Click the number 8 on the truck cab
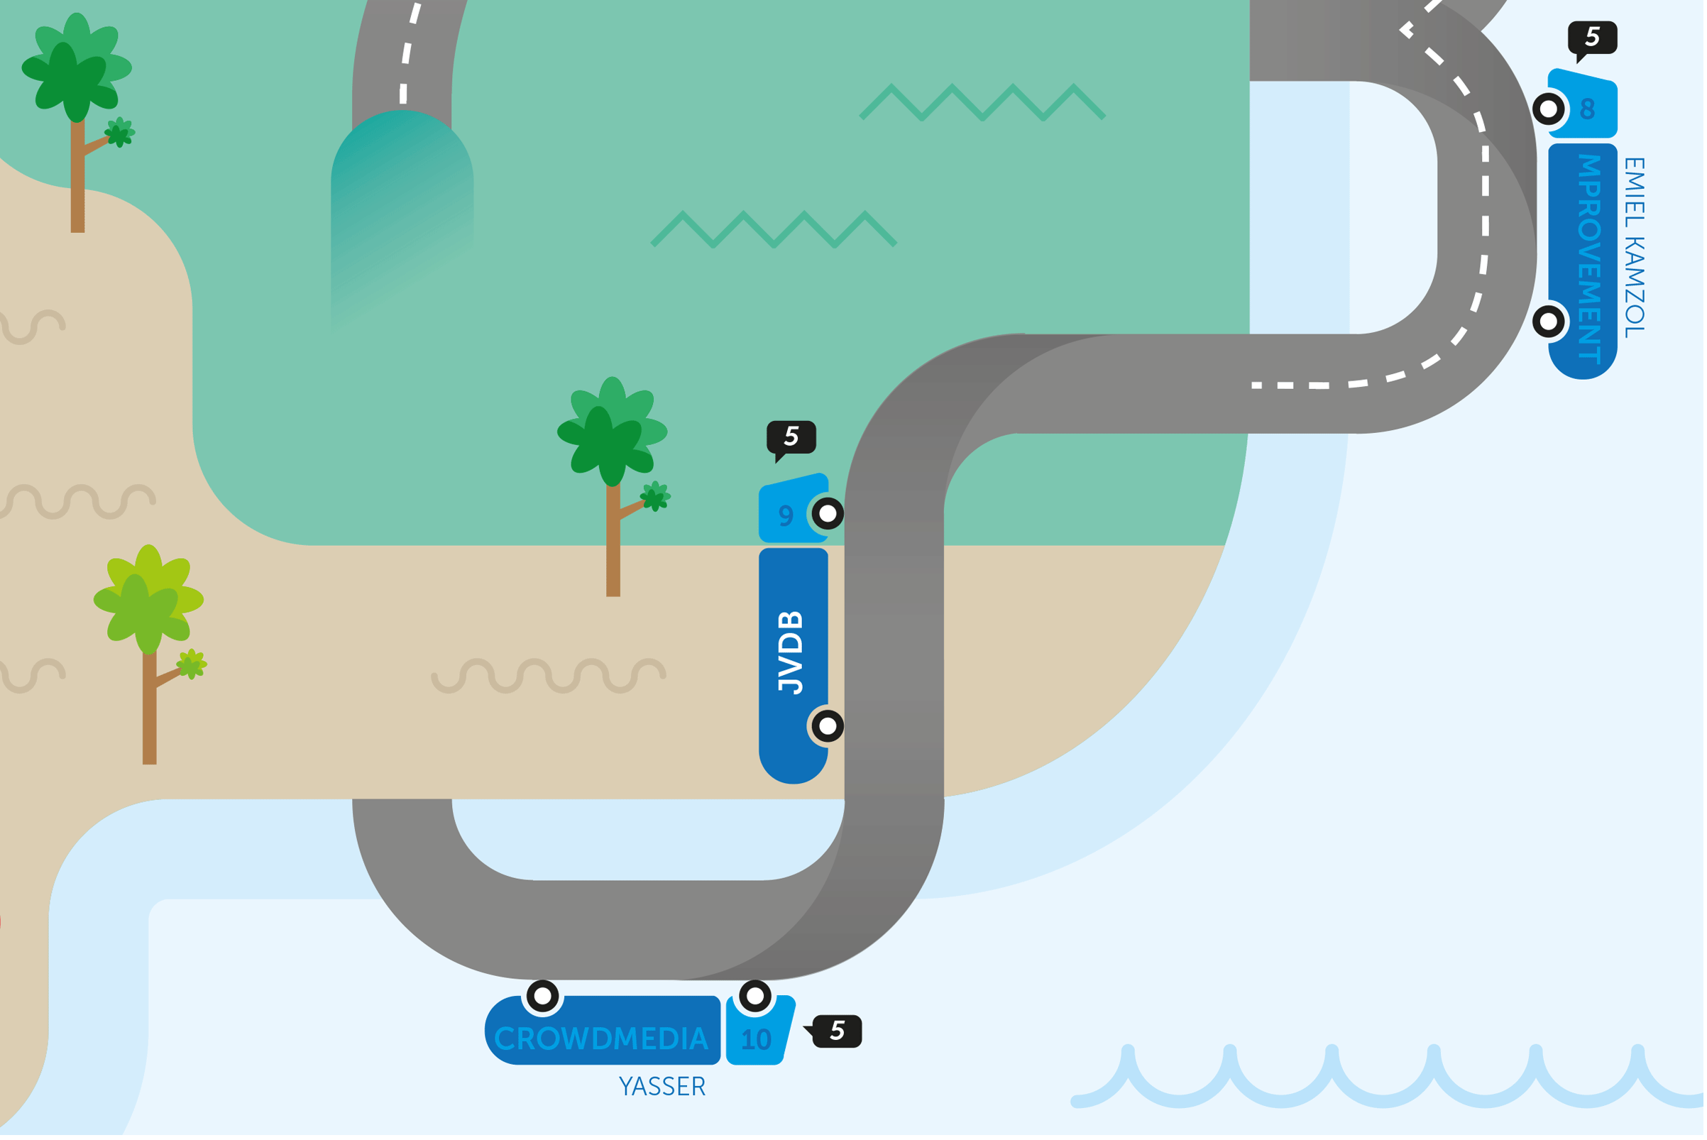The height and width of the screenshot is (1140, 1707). point(1587,109)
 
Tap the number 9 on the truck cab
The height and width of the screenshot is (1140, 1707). point(785,515)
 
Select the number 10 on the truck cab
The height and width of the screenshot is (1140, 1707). point(756,1040)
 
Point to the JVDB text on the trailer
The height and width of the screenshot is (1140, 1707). point(791,652)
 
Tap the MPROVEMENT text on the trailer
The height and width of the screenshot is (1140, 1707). point(1589,259)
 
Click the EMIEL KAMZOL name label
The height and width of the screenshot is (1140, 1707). point(1635,248)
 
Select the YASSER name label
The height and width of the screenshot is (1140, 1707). point(662,1087)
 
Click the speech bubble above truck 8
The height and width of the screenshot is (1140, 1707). point(1592,38)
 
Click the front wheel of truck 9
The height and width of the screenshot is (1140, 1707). point(828,514)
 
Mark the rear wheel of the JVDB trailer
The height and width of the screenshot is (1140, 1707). point(828,725)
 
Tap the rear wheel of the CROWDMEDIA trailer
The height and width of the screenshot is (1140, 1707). point(542,996)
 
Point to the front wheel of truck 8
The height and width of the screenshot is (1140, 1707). point(1549,109)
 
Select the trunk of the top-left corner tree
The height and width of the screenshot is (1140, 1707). point(78,182)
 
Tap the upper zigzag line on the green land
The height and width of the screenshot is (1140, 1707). point(982,102)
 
